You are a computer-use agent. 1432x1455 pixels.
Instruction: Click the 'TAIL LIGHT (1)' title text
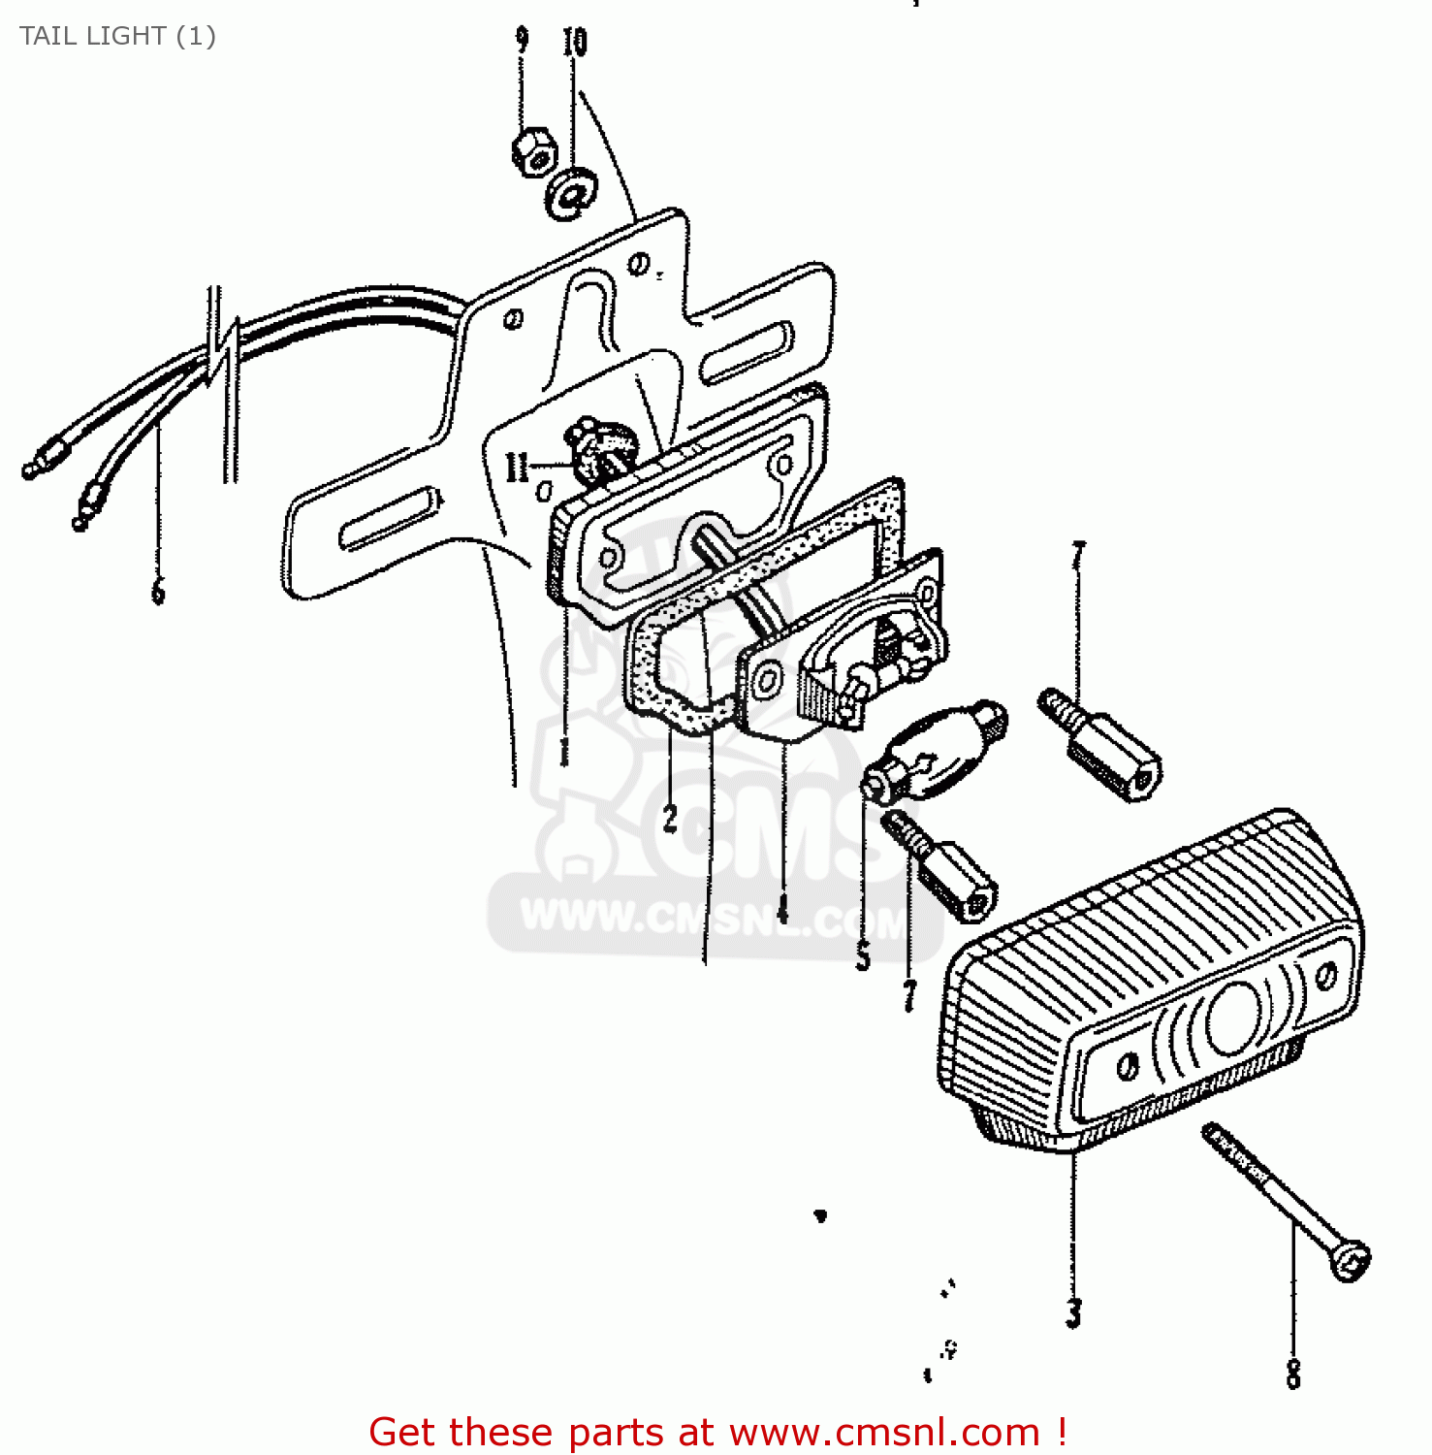click(x=117, y=36)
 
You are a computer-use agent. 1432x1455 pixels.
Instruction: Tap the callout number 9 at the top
click(x=522, y=40)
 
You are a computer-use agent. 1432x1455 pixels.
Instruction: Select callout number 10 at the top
click(x=574, y=42)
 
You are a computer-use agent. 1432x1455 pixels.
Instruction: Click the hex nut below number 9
click(x=532, y=151)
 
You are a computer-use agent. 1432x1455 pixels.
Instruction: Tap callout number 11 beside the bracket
click(x=517, y=468)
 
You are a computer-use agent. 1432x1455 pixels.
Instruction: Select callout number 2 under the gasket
click(x=670, y=819)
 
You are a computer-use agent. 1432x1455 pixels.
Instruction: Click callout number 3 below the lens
click(x=1073, y=1313)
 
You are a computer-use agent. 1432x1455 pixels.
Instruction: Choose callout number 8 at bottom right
click(x=1293, y=1373)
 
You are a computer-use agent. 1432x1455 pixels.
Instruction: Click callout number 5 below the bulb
click(x=863, y=956)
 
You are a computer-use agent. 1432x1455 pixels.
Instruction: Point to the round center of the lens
click(x=1234, y=1018)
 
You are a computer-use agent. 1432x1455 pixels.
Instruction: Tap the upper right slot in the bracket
click(x=745, y=355)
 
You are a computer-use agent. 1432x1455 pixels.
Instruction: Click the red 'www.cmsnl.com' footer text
click(x=883, y=1432)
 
